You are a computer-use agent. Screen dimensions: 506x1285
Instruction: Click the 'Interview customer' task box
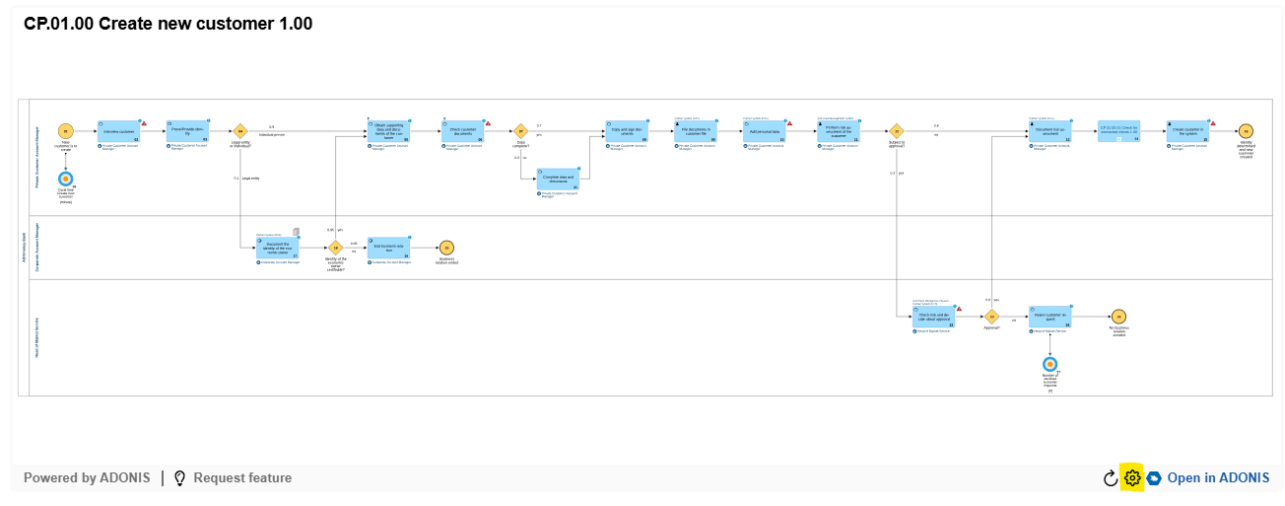(119, 131)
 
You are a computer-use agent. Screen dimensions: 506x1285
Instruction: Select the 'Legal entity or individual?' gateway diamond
(239, 131)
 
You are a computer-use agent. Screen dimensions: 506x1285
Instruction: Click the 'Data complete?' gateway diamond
(520, 131)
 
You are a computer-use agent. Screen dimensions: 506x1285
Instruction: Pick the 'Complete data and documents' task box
(559, 179)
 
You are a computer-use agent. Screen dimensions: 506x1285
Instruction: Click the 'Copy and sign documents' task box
(626, 131)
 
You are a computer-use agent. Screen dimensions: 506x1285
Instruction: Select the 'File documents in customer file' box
(696, 131)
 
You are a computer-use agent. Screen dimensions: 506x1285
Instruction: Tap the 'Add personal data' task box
(764, 131)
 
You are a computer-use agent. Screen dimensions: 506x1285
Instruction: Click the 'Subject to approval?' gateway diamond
(897, 131)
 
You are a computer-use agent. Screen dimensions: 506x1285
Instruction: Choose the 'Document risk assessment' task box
(1048, 131)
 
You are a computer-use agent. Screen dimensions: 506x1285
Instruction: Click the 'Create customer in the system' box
(1186, 131)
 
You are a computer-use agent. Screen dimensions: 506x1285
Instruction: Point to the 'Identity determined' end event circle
(1246, 131)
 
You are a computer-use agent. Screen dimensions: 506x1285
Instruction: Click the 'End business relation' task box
(388, 248)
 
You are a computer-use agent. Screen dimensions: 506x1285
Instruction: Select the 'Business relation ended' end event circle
(446, 248)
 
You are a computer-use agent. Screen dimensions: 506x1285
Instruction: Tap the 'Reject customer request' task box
(1049, 317)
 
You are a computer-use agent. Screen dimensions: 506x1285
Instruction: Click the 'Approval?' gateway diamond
(991, 317)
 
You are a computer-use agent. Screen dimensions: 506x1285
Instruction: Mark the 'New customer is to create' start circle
(66, 131)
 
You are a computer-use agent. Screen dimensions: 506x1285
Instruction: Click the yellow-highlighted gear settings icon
(1132, 478)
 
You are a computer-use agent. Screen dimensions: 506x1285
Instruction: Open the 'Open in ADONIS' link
(1217, 478)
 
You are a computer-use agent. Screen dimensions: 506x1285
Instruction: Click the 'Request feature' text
(242, 478)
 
